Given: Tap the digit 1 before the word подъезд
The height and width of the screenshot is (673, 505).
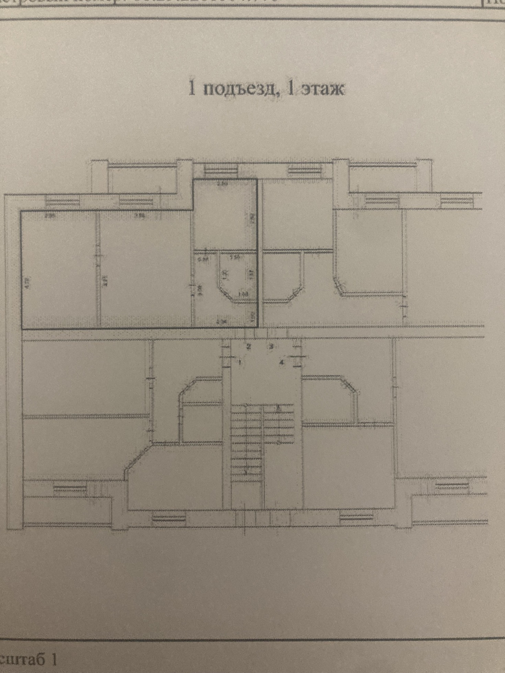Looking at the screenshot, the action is coord(192,89).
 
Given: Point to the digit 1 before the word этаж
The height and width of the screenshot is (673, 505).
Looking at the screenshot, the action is coord(290,89).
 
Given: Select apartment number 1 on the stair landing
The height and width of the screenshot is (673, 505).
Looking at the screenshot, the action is coord(240,361).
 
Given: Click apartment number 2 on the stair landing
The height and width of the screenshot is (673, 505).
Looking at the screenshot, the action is coord(249,346).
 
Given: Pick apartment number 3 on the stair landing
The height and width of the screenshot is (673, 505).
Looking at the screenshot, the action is coord(271,346).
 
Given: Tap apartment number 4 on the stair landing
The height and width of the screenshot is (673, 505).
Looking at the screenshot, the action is coord(282,362).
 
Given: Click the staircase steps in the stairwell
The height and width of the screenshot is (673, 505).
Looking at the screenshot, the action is coord(262,440).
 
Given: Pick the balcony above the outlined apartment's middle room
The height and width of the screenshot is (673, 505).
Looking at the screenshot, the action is coord(143,179).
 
